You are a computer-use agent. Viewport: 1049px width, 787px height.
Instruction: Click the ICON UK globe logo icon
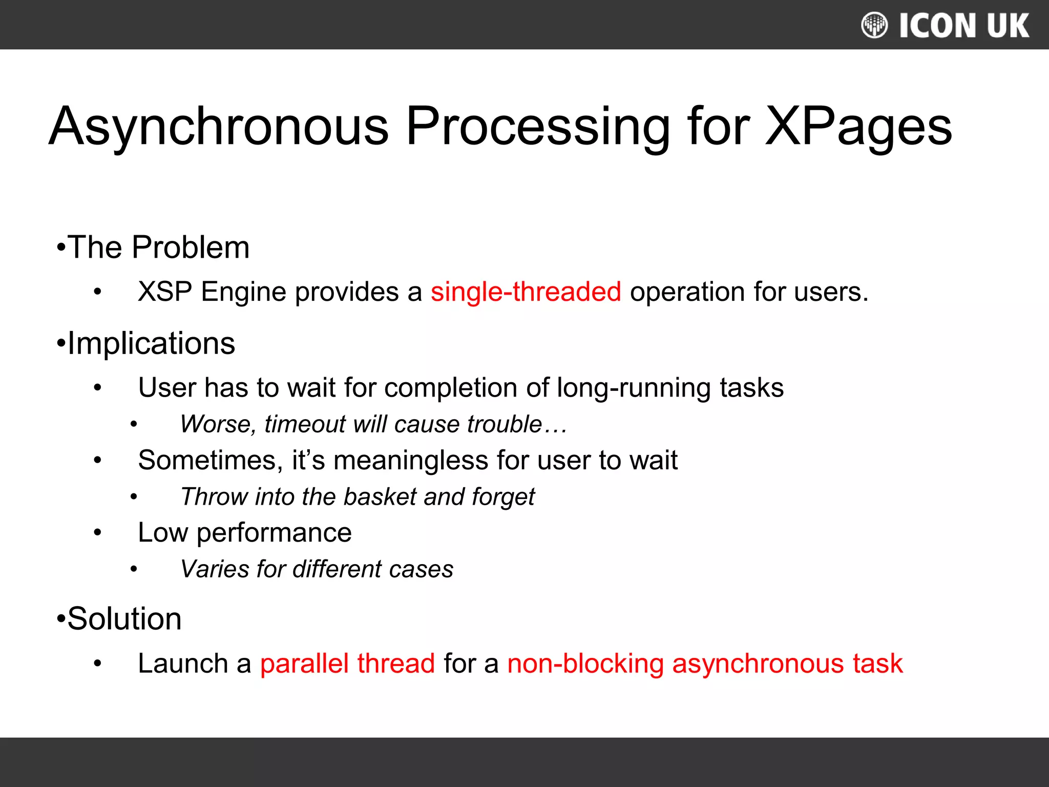point(874,25)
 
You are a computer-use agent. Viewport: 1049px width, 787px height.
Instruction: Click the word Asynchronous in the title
point(219,127)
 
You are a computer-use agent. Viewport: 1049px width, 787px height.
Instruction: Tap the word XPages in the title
point(858,127)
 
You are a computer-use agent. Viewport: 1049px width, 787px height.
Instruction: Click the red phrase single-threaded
point(526,292)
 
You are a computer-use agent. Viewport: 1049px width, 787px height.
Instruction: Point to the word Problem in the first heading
point(191,247)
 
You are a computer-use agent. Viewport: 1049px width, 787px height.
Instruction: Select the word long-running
point(634,388)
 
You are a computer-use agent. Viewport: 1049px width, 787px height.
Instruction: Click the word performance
point(274,533)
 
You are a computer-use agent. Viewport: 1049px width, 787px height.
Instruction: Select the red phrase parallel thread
point(347,664)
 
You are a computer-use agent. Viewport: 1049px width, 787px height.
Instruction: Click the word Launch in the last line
point(183,664)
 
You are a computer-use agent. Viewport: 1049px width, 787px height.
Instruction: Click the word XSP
point(165,292)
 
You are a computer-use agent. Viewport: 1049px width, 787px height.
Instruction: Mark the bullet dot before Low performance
point(98,533)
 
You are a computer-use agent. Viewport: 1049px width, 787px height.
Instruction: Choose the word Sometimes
point(210,460)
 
